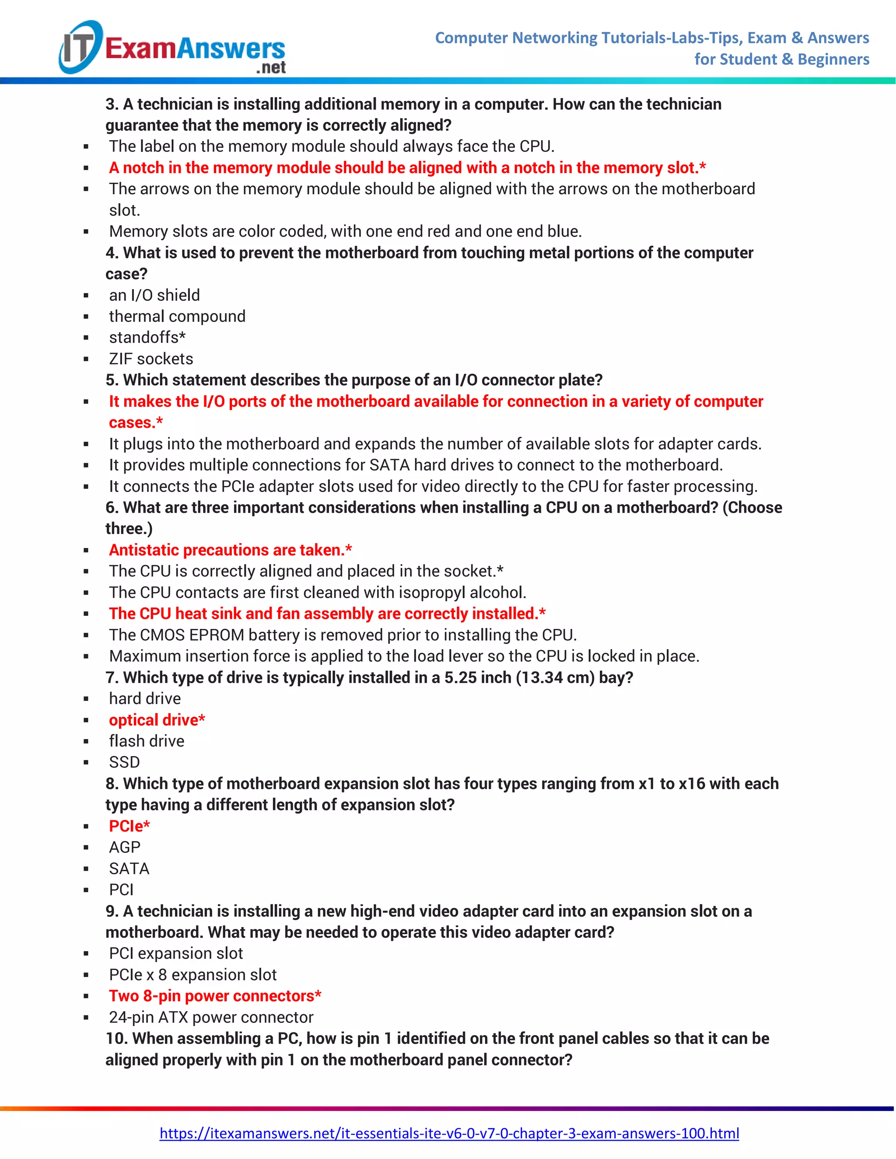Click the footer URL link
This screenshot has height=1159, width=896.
pos(449,1133)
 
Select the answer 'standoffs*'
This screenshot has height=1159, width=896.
pos(147,338)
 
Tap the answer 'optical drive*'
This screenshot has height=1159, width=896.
pos(157,720)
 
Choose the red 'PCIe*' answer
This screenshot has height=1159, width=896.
pos(129,826)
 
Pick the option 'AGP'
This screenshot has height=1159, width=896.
pos(125,848)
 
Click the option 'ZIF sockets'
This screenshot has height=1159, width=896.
pos(151,359)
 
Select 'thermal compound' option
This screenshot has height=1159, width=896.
pos(177,316)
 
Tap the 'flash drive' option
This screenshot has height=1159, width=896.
pos(147,741)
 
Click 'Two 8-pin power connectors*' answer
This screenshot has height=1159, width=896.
pos(215,996)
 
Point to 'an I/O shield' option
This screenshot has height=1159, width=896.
pos(154,295)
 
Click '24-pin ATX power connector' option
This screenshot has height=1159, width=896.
pos(211,1017)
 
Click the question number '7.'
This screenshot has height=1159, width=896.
pos(112,677)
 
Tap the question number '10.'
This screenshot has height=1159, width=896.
pos(116,1039)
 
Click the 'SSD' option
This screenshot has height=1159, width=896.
pos(125,762)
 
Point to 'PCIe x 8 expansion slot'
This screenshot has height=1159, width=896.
pos(192,975)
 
